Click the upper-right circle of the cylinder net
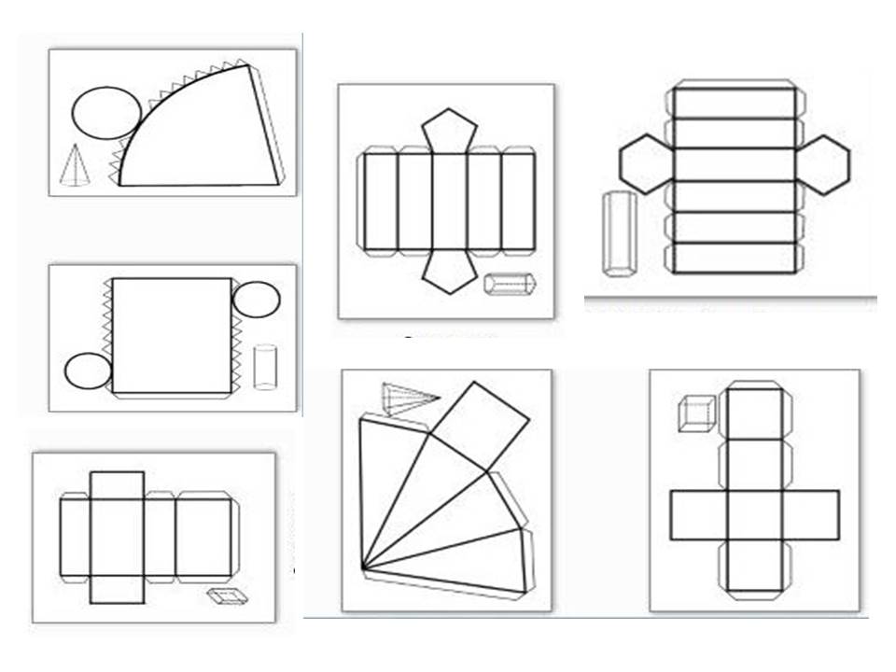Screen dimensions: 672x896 pos(256,300)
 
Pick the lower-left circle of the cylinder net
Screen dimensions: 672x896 pos(88,370)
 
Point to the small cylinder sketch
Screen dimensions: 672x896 pos(265,367)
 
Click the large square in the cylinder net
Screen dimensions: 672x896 pos(172,334)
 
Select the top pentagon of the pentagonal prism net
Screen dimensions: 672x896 pos(449,131)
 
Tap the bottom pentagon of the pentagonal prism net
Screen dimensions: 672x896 pos(449,272)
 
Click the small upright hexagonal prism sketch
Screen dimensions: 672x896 pos(618,233)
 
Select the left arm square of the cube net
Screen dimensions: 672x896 pos(699,515)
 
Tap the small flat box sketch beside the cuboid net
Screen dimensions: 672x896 pos(223,596)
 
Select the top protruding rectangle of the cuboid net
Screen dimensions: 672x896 pos(117,485)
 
